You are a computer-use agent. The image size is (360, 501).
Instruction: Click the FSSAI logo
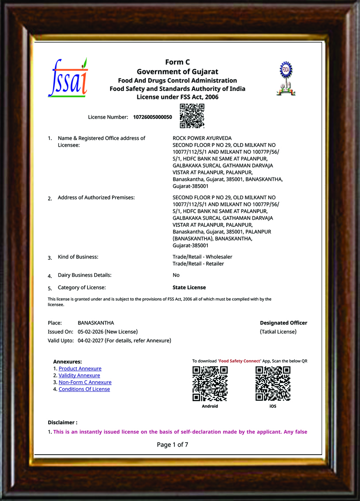pyautogui.click(x=68, y=78)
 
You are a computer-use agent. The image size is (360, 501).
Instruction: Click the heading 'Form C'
pyautogui.click(x=177, y=62)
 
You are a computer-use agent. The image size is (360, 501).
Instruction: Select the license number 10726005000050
pyautogui.click(x=152, y=117)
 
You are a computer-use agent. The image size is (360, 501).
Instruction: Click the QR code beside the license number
pyautogui.click(x=192, y=116)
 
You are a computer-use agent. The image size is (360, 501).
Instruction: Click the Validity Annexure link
pyautogui.click(x=79, y=375)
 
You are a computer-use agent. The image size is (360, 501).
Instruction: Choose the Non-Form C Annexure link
pyautogui.click(x=85, y=382)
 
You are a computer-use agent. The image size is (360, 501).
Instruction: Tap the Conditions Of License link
pyautogui.click(x=84, y=389)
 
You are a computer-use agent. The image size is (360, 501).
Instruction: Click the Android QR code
pyautogui.click(x=210, y=383)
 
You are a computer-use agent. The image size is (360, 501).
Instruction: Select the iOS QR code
pyautogui.click(x=273, y=383)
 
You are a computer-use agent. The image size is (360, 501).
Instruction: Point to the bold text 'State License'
pyautogui.click(x=189, y=287)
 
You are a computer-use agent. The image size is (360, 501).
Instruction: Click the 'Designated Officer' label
pyautogui.click(x=283, y=323)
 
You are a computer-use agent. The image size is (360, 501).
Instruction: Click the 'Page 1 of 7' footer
pyautogui.click(x=172, y=444)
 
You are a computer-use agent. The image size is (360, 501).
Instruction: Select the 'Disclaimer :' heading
pyautogui.click(x=62, y=422)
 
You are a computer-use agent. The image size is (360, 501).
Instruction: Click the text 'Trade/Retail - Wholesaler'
pyautogui.click(x=202, y=257)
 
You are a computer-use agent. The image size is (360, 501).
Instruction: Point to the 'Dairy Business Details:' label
pyautogui.click(x=84, y=275)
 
